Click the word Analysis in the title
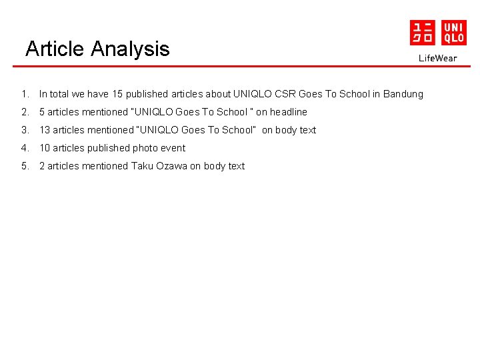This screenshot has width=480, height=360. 130,49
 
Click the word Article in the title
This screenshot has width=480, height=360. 55,49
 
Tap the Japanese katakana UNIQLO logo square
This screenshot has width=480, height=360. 422,33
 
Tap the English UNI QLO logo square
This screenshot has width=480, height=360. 453,33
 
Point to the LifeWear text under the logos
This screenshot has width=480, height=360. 438,58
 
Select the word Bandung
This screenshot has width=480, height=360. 403,94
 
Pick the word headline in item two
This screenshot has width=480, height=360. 289,112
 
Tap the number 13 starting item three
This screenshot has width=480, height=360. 45,130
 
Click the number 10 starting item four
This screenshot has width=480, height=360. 45,148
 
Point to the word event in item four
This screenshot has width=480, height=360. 173,148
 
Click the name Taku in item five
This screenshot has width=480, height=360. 142,166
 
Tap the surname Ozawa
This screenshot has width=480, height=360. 172,166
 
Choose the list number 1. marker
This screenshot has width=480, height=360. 24,94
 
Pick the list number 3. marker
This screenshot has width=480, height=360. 24,130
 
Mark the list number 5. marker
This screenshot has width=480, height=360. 24,166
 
